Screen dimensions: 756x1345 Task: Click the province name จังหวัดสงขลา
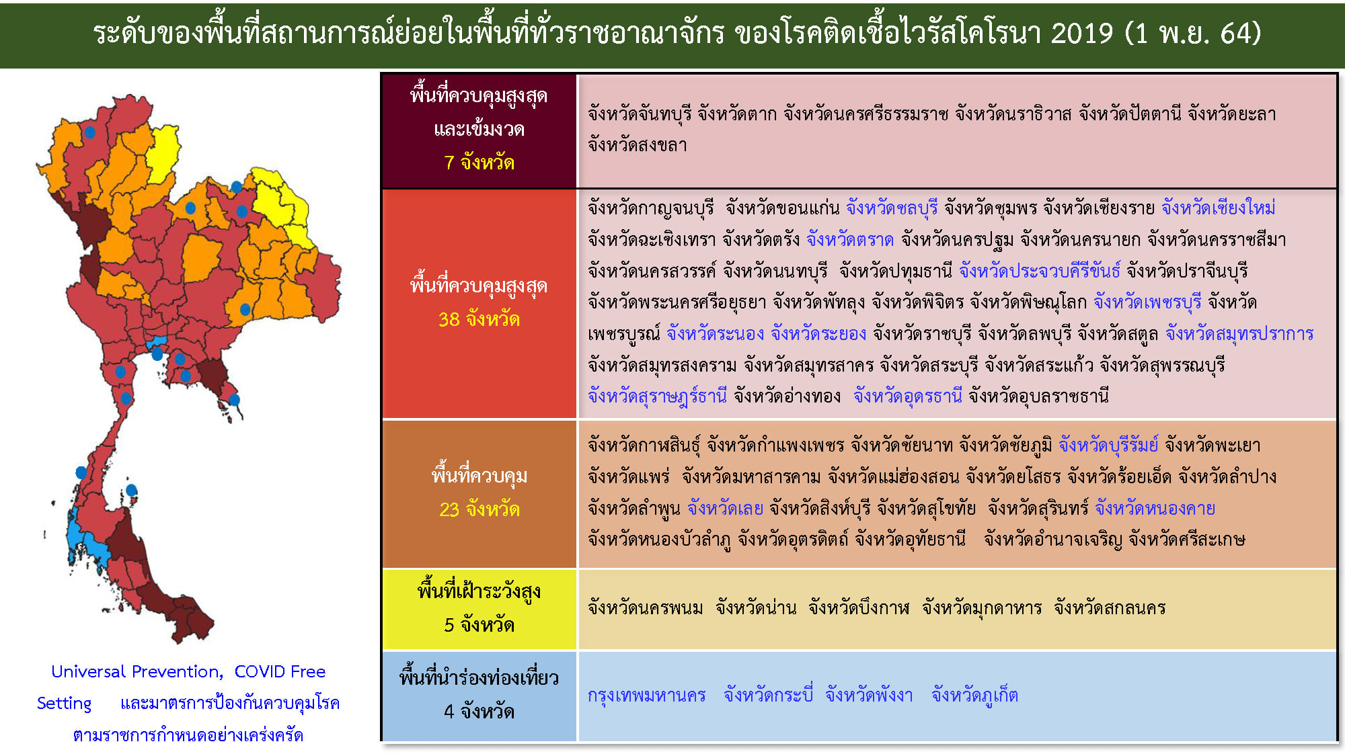637,145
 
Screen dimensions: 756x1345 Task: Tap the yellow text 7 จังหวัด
479,163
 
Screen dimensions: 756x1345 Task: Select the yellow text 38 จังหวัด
479,319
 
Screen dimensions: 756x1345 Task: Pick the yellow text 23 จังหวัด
479,509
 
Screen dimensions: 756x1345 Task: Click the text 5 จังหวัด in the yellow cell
479,625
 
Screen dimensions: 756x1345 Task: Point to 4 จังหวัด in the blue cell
479,712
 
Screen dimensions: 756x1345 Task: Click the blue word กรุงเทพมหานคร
646,695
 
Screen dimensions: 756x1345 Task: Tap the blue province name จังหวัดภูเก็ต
974,695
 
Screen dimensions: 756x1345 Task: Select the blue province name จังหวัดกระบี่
768,695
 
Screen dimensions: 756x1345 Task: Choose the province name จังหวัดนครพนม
645,608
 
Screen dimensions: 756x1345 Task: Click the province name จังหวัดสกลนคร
1110,608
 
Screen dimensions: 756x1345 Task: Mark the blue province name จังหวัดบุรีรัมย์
1108,445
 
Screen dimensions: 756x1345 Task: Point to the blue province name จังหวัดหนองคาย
1155,509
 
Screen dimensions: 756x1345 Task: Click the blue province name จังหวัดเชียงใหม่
1218,208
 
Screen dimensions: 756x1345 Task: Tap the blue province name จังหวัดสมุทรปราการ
1239,334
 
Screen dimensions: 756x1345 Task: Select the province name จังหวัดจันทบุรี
639,114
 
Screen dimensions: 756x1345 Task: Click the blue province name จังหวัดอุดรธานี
908,396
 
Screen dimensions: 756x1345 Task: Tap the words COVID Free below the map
280,671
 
